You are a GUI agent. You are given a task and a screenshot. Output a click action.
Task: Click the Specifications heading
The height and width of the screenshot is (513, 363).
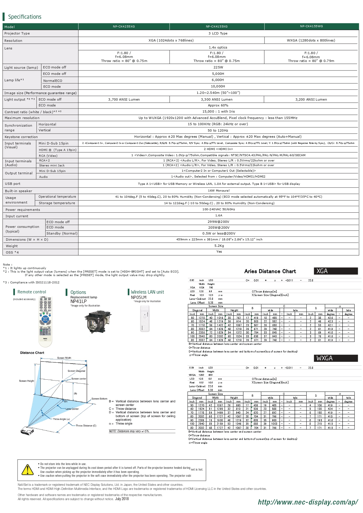click(x=25, y=17)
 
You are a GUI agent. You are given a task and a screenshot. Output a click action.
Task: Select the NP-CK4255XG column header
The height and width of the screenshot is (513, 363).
click(x=124, y=27)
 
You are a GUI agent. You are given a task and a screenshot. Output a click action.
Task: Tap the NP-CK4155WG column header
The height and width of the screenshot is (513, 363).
click(x=311, y=26)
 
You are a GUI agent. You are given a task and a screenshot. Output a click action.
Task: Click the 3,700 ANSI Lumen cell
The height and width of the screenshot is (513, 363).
click(x=124, y=99)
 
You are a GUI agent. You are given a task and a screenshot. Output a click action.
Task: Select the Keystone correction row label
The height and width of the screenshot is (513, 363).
click(x=21, y=137)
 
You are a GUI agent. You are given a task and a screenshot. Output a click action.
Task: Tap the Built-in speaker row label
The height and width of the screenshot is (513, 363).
click(x=18, y=191)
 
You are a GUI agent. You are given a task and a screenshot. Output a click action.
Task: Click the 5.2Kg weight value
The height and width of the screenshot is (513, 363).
click(x=219, y=246)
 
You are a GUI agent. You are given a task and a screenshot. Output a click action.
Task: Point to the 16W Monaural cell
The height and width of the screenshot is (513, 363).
click(x=219, y=191)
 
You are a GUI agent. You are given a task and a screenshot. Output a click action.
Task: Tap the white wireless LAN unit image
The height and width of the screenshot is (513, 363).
click(x=145, y=319)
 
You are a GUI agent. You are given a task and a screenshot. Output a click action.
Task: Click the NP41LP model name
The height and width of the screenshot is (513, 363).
click(x=78, y=302)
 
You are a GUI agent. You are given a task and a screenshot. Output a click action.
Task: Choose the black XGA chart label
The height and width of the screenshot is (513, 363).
click(x=336, y=271)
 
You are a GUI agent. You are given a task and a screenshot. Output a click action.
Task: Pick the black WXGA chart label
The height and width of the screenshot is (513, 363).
click(x=336, y=358)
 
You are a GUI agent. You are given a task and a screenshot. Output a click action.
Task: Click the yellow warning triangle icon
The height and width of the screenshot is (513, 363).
click(x=27, y=470)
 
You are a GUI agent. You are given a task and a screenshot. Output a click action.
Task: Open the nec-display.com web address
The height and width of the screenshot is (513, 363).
click(x=308, y=502)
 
